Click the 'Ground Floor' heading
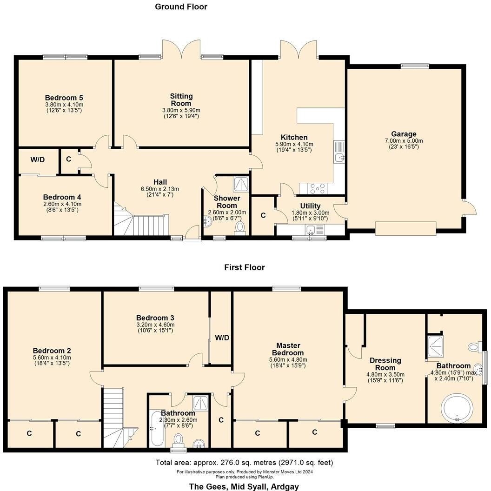181,7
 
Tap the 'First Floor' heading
244,267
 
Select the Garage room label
403,134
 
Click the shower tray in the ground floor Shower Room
241,184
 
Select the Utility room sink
311,229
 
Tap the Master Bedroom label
288,349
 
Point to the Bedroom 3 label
156,318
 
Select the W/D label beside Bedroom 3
221,338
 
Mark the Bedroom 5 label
64,98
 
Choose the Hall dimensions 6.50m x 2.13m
160,189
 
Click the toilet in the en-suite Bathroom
474,346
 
